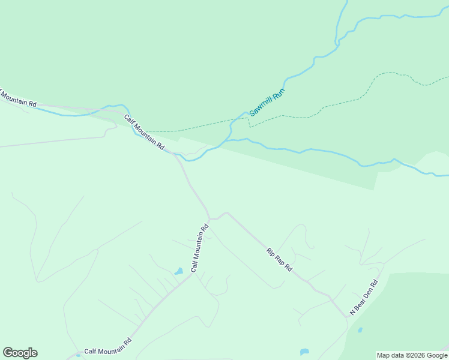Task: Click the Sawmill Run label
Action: pos(267,103)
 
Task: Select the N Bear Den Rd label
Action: pos(365,298)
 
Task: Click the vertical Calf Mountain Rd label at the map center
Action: pos(199,248)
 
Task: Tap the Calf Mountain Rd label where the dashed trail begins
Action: pos(145,132)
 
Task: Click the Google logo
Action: pos(20,353)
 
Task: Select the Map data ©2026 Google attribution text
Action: pos(412,355)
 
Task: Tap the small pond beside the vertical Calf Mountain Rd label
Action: pos(178,272)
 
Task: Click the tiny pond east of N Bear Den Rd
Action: pos(360,329)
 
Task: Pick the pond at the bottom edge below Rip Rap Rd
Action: pos(304,352)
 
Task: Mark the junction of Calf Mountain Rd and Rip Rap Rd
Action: pos(209,220)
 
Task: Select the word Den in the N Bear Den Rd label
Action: pos(365,297)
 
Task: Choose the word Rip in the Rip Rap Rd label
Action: pos(271,251)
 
